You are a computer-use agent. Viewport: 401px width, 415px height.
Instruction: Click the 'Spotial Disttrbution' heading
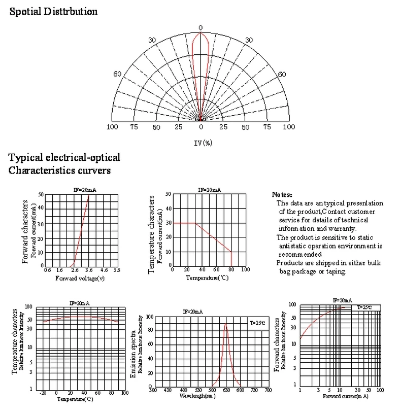(53, 12)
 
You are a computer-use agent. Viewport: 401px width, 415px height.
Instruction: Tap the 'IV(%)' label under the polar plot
(203, 143)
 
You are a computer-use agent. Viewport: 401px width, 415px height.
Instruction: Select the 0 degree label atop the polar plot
(201, 27)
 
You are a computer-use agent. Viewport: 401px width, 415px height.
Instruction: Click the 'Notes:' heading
(282, 194)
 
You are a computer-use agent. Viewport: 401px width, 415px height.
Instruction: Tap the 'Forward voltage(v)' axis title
(80, 278)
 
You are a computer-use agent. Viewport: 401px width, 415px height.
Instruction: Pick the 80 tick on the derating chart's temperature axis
(231, 270)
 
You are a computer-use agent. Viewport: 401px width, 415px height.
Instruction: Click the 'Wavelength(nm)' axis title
(197, 395)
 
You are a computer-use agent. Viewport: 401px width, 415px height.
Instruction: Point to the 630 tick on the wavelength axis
(226, 390)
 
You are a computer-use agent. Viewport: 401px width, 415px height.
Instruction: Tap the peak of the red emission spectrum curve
(226, 324)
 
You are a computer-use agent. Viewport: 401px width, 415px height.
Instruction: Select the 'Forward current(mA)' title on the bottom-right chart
(345, 396)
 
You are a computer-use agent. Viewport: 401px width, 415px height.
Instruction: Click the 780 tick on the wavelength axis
(268, 390)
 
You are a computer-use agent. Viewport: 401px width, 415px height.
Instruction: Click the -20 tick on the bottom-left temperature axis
(43, 392)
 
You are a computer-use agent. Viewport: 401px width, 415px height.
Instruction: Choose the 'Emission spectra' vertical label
(133, 345)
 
